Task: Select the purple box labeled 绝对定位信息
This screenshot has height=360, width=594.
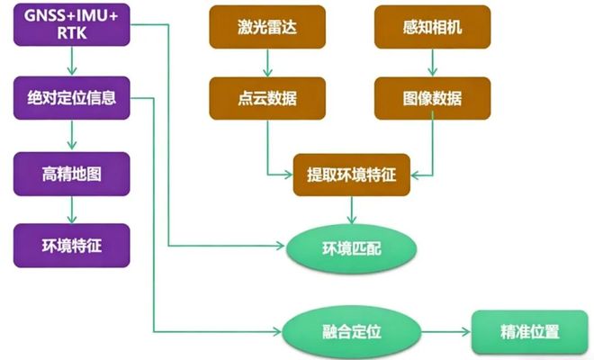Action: [x=72, y=98]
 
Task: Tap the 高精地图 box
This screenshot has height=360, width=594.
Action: [x=72, y=173]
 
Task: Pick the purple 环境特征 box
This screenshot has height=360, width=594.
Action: [x=72, y=244]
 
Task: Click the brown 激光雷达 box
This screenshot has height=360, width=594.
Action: [x=265, y=27]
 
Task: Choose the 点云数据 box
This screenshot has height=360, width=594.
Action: [x=265, y=98]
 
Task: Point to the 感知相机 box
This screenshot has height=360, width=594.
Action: [x=432, y=27]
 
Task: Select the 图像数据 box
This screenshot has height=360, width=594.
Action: [x=432, y=98]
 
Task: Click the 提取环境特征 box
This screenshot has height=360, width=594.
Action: [x=351, y=174]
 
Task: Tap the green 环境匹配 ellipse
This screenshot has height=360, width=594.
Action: [x=351, y=245]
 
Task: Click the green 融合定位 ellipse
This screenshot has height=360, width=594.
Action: [x=351, y=331]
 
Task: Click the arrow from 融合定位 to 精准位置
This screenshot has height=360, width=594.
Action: [x=445, y=331]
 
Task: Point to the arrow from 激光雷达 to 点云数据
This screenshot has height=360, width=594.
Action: [x=265, y=63]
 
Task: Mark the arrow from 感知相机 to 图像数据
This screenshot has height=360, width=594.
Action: [x=432, y=63]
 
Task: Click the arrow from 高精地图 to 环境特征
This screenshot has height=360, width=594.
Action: [x=72, y=208]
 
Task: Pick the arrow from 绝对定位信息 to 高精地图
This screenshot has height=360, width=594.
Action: [x=72, y=135]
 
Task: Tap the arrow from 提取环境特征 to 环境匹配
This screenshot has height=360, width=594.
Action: [x=351, y=209]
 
